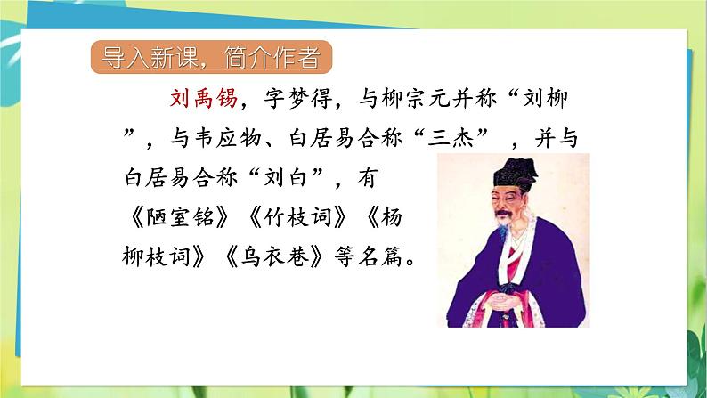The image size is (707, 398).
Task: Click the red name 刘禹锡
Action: (x=204, y=98)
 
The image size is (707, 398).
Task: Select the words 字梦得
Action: (x=293, y=98)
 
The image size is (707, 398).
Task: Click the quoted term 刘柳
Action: (x=553, y=98)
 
